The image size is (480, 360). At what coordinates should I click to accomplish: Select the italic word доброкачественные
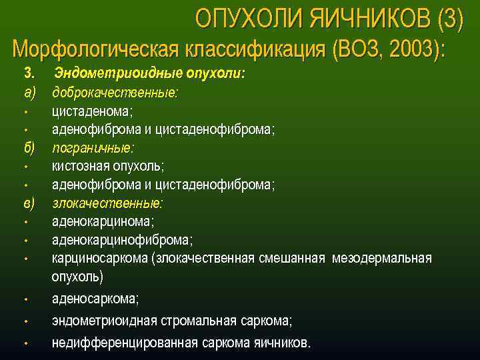(115, 92)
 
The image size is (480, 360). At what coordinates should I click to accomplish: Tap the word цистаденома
(93, 111)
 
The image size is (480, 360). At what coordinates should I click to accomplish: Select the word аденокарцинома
(103, 221)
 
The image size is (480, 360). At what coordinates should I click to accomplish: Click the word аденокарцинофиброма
(122, 239)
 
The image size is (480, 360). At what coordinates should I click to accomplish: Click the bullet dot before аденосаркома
(25, 299)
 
